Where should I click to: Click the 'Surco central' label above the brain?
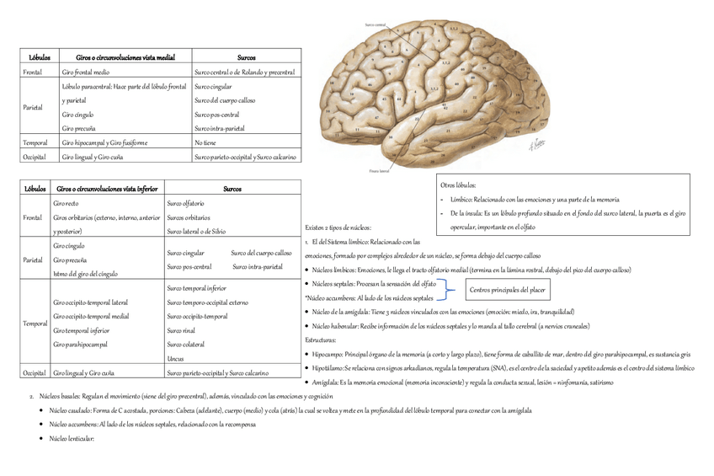[375, 26]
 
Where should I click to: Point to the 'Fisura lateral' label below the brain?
[380, 171]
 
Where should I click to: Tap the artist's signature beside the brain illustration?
[535, 143]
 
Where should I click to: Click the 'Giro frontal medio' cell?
[85, 72]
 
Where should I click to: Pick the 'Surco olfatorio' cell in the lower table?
[185, 204]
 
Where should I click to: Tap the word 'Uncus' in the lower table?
[175, 359]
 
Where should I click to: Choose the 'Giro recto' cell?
[66, 204]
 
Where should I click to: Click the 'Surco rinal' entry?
[181, 330]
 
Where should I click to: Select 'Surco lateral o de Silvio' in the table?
[196, 231]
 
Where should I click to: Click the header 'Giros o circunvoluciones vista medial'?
[125, 57]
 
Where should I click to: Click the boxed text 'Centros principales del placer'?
[507, 290]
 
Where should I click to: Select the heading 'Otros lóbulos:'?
[458, 185]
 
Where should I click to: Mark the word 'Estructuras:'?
[320, 340]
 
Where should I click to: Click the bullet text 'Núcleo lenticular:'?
[72, 438]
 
